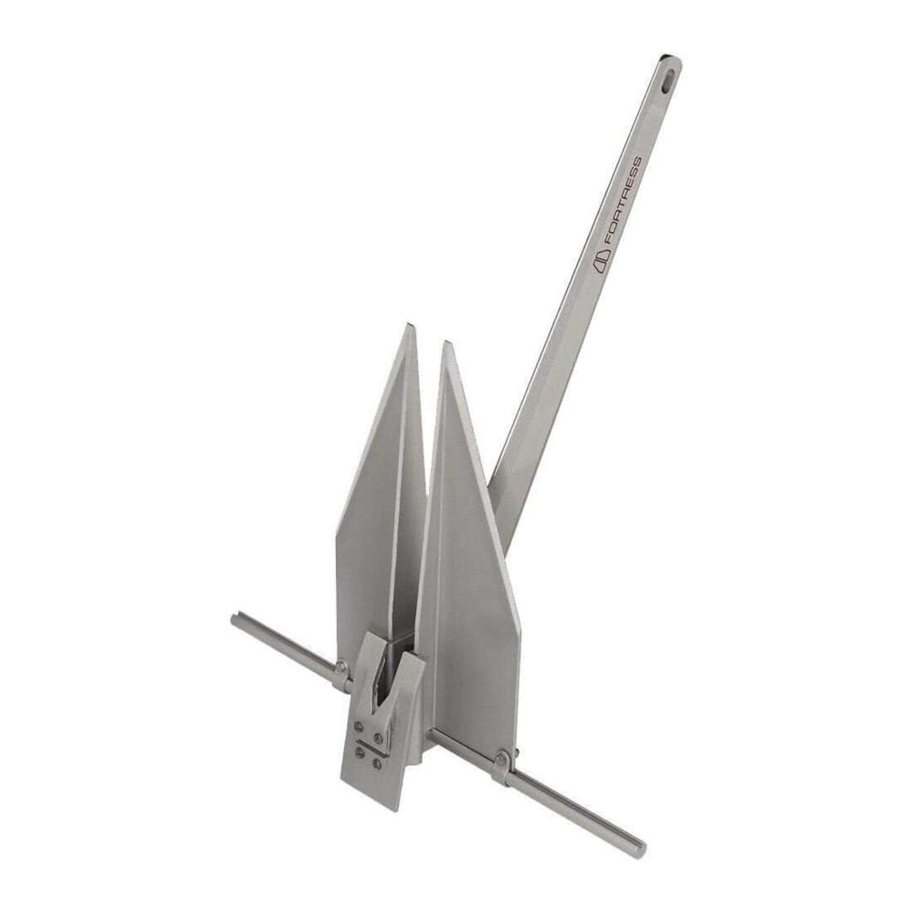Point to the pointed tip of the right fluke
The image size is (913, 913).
(446, 346)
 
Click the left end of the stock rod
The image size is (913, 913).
(235, 619)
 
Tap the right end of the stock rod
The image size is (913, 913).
(642, 847)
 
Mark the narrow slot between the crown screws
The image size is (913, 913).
(368, 744)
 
